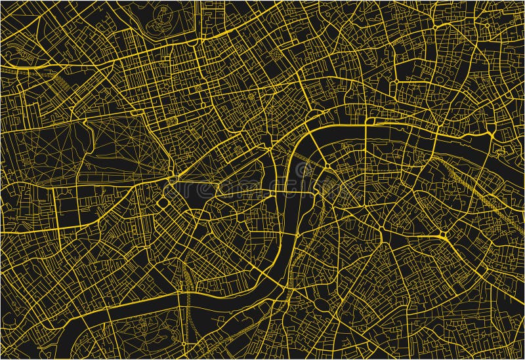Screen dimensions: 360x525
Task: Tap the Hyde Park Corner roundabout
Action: click(x=173, y=179)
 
